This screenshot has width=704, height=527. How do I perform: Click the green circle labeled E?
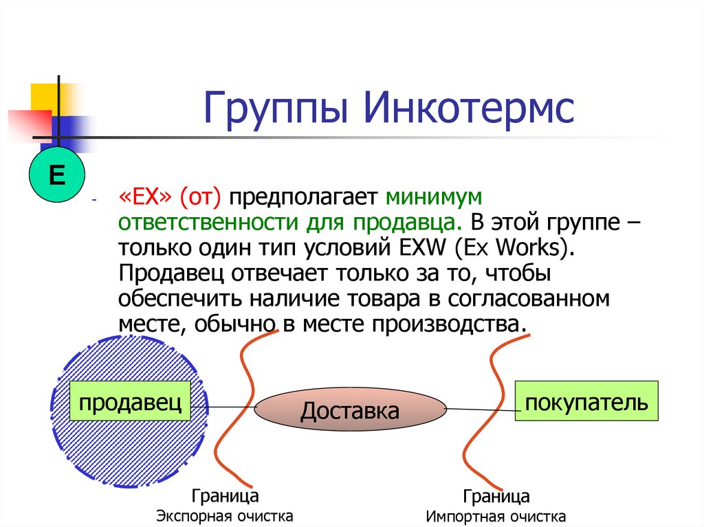point(56,176)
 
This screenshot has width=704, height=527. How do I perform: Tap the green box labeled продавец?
point(129,403)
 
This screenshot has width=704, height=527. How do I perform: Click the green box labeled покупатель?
point(586,402)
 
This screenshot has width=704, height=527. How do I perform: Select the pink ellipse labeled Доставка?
point(350,411)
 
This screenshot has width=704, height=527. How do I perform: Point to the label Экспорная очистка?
point(225,516)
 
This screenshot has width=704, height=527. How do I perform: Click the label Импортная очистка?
point(496,517)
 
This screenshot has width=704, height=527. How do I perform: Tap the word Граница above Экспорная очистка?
point(225,495)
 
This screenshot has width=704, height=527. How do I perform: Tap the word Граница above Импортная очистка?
point(496,496)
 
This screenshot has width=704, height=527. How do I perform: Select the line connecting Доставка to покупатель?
point(481,409)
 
